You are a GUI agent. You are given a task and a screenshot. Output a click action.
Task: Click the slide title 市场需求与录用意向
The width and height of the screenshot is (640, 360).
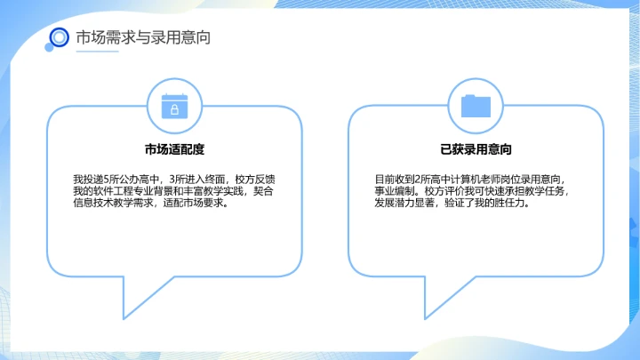tap(143, 37)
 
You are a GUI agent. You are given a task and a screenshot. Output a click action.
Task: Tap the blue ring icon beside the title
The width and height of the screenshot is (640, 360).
tap(60, 37)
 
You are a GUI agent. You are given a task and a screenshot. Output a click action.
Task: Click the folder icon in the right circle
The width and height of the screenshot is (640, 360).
tap(476, 106)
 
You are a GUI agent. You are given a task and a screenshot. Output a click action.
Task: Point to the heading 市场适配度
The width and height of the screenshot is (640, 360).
tap(175, 149)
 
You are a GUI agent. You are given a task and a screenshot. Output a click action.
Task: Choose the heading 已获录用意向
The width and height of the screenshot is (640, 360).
tap(476, 149)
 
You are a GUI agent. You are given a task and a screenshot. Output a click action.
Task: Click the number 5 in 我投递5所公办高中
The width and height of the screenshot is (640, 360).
tap(107, 178)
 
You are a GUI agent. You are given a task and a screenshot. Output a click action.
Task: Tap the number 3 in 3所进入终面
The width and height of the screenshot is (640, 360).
tap(171, 178)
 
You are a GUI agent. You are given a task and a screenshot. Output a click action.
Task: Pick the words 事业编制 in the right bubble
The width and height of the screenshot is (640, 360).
tap(395, 190)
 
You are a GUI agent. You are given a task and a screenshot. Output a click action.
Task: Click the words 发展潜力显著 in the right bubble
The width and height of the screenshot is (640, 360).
tap(405, 203)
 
